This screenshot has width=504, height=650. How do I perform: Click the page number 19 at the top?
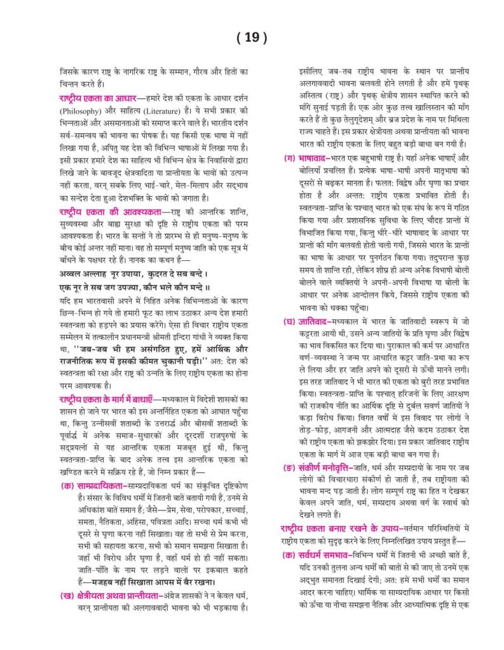coord(252,38)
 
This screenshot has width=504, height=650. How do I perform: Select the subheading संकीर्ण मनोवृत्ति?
coord(330,467)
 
